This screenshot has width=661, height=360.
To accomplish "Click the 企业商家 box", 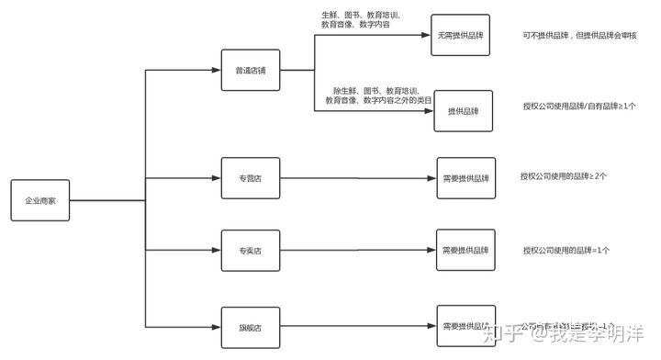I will click(40, 199).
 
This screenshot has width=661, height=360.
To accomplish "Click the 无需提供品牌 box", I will click(461, 36).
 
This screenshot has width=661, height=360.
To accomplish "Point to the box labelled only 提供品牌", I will click(464, 110).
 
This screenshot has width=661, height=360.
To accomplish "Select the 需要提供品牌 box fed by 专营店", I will click(465, 179).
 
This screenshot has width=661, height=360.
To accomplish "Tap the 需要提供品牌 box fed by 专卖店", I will click(465, 250).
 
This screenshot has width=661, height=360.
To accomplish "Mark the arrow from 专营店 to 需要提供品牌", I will click(358, 179).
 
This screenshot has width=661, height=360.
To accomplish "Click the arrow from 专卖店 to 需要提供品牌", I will click(358, 250).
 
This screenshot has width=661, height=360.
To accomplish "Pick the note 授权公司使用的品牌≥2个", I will click(564, 176).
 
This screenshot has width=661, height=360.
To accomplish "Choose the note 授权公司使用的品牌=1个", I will click(566, 250).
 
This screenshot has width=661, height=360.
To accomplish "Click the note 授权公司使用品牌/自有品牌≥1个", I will click(578, 106).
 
